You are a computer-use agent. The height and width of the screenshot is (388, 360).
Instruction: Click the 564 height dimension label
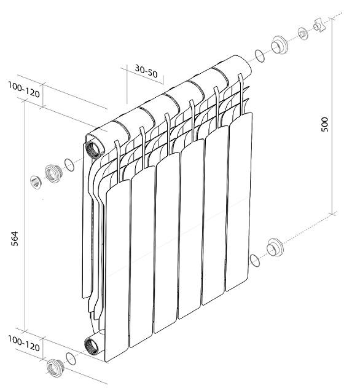coord(15,239)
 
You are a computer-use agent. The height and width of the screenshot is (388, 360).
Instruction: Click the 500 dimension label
coord(325,124)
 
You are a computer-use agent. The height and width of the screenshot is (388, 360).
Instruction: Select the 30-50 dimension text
coord(146,71)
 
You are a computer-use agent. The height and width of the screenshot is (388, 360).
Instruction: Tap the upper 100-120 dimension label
coord(24,90)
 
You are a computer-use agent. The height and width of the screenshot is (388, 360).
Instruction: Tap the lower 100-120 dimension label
coord(24,344)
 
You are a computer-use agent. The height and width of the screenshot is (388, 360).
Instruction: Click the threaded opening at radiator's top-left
coord(92,149)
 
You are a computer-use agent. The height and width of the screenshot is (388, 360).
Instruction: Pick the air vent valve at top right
coord(319,25)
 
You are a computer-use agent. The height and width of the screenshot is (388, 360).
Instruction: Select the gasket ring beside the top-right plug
coord(260,56)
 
